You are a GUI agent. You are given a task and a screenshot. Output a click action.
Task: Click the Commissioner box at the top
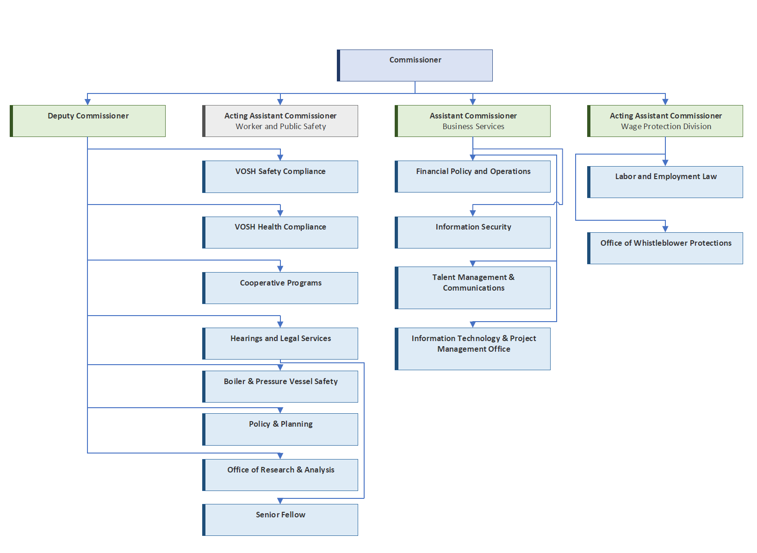coord(415,66)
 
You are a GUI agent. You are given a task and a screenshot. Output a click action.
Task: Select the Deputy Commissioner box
coord(87,121)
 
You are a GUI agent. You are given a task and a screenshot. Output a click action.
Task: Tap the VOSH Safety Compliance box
coord(280,177)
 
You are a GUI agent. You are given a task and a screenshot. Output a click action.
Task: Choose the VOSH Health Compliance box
coord(280,233)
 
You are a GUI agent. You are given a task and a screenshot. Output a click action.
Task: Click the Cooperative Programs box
coord(280,288)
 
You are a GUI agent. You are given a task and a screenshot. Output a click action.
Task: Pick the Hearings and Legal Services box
coord(280,344)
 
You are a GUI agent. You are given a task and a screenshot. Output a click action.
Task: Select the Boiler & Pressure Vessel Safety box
coord(280,387)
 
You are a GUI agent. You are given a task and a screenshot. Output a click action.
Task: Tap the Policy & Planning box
coord(280,429)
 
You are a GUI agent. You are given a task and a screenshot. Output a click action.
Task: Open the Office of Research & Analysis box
coord(280,475)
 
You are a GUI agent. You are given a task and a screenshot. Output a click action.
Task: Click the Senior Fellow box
coord(280,520)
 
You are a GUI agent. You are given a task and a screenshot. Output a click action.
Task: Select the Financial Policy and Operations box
coord(472,176)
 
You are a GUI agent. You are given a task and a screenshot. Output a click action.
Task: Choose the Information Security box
coord(472,233)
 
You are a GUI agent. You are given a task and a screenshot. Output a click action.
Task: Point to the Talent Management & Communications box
coord(472,288)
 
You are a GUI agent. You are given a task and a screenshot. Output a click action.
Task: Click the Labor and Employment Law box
coord(665,182)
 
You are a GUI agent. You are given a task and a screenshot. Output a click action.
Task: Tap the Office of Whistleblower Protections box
coord(665,248)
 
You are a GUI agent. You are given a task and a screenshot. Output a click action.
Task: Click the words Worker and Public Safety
coord(281,126)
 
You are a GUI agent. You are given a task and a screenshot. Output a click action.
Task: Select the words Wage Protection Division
coord(666,126)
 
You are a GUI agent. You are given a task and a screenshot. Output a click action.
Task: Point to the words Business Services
coord(473,126)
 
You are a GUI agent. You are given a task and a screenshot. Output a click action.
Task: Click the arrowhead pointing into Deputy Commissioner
coord(87,102)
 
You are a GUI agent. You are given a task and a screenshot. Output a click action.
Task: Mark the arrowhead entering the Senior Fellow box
coord(280,501)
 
